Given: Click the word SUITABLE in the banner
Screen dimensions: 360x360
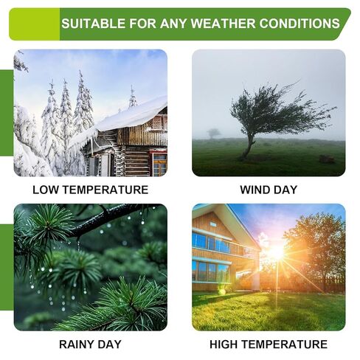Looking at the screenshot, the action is (x=94, y=24).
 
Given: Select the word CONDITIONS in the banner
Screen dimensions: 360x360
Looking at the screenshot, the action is (x=300, y=24).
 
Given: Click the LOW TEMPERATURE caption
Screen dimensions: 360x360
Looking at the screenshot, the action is (x=91, y=190).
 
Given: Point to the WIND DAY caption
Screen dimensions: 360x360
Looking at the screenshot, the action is (x=269, y=190).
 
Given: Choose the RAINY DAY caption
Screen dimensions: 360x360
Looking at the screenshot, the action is (x=90, y=345).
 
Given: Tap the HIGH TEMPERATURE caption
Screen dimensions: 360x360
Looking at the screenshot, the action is (x=269, y=345).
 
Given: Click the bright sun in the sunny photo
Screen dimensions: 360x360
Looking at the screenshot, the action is (x=276, y=252).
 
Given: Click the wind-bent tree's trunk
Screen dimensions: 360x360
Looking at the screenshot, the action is (x=248, y=146).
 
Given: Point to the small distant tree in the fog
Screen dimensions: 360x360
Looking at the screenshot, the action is (x=213, y=134).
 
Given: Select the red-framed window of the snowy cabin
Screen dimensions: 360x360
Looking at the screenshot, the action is (x=159, y=163).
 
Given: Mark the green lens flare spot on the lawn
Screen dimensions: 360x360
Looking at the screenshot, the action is (x=222, y=291).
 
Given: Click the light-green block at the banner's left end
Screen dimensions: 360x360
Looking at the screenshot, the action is (x=35, y=24).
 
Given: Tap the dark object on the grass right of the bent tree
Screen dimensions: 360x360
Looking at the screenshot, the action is (x=327, y=159).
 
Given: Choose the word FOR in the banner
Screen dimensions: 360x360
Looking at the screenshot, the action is (x=143, y=24).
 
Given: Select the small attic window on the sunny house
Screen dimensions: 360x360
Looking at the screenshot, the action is (x=213, y=224).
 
